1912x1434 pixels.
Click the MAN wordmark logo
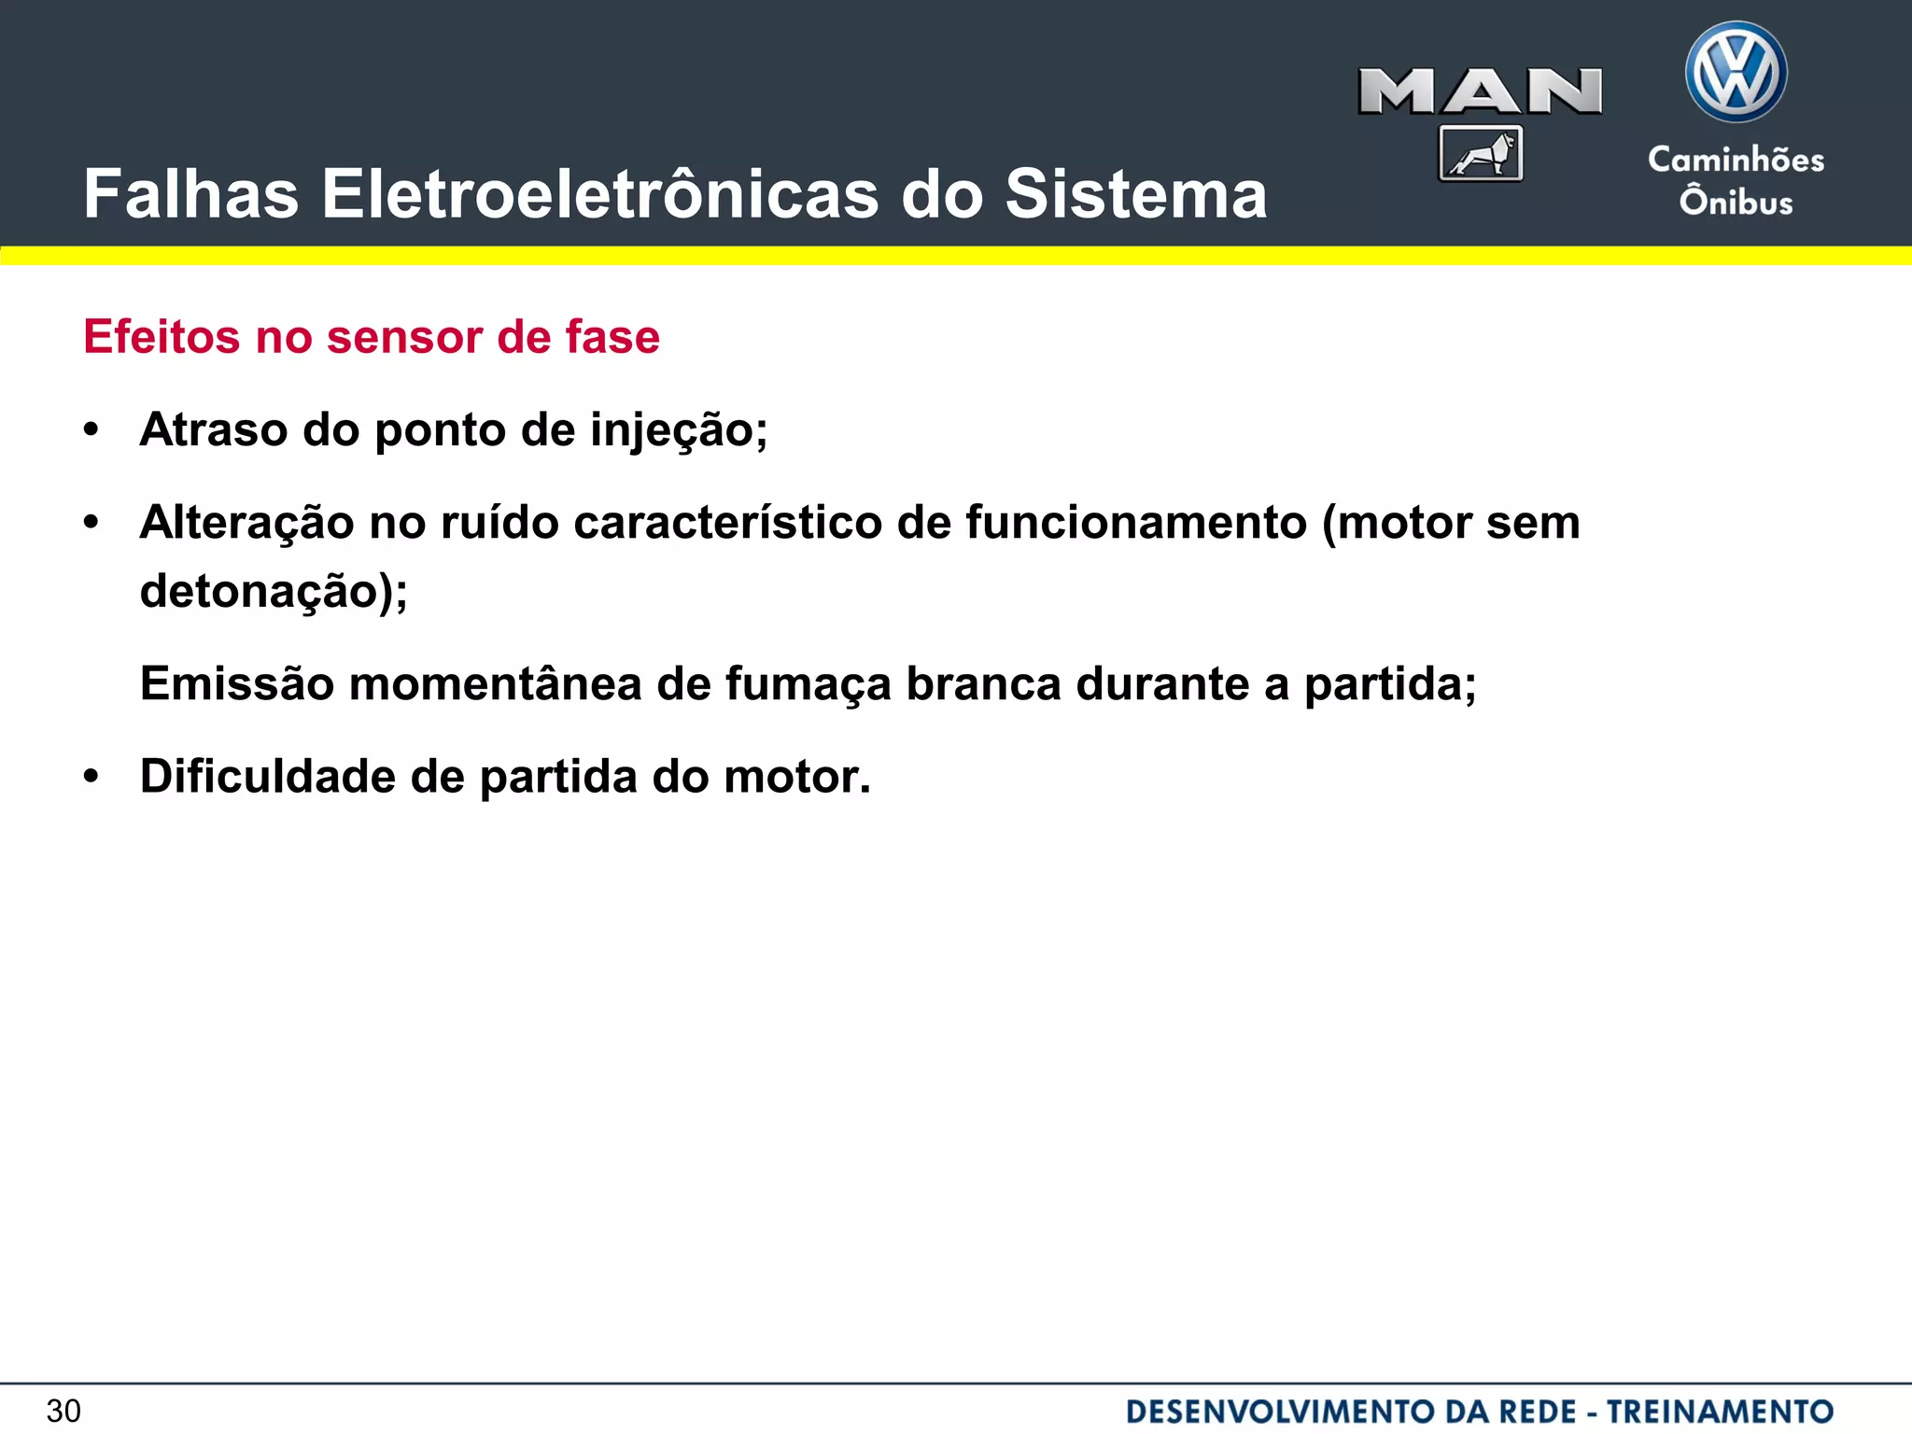coord(1480,91)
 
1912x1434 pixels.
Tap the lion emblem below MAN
coord(1481,153)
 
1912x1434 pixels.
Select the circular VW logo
coord(1736,72)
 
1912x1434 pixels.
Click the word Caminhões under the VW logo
coord(1736,160)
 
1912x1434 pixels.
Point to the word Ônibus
coord(1736,202)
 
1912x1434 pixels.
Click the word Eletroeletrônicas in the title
coord(600,194)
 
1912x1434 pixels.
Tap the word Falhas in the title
coord(190,194)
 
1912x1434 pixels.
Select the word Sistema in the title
coord(1135,194)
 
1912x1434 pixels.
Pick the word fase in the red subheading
coord(612,337)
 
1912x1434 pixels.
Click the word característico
coord(728,523)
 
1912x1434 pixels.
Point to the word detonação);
coord(274,592)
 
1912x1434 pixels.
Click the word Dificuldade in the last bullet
coord(268,777)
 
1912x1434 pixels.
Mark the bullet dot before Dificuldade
coord(91,777)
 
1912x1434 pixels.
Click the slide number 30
coord(63,1411)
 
